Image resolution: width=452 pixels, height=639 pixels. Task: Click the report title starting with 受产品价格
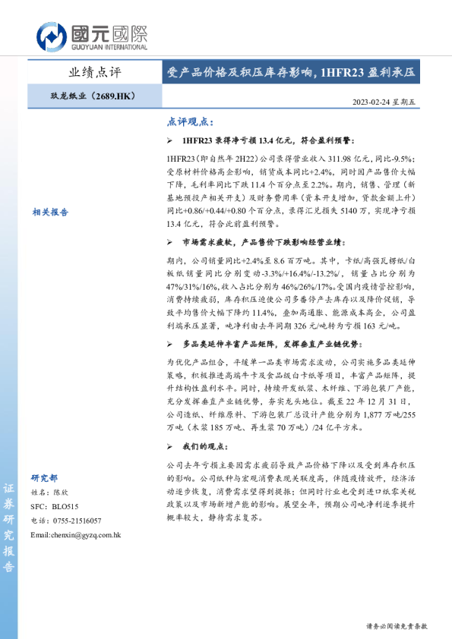point(291,73)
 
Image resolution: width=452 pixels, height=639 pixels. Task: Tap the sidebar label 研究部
point(43,478)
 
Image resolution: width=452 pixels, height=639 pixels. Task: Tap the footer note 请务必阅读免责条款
point(396,627)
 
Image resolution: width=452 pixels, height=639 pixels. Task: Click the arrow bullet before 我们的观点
point(169,445)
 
